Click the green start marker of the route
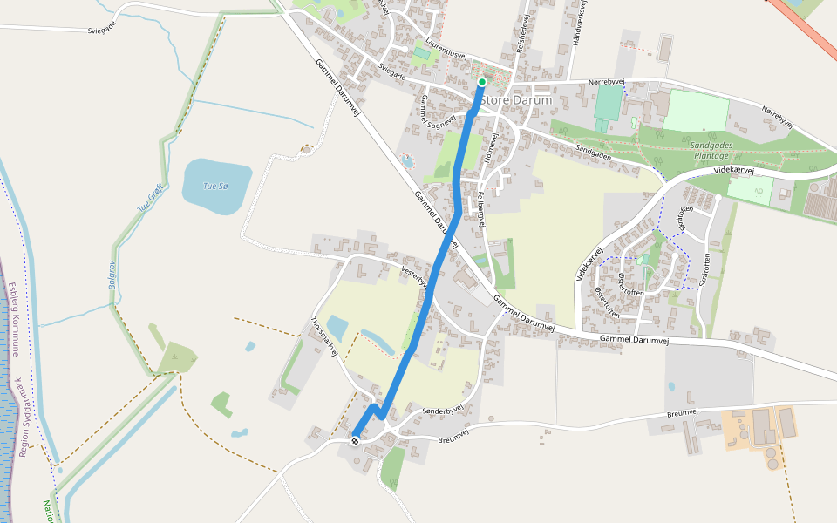481,83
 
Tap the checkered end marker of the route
356,440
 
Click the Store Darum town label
516,100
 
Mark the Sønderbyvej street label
440,410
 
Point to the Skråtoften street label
707,273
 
